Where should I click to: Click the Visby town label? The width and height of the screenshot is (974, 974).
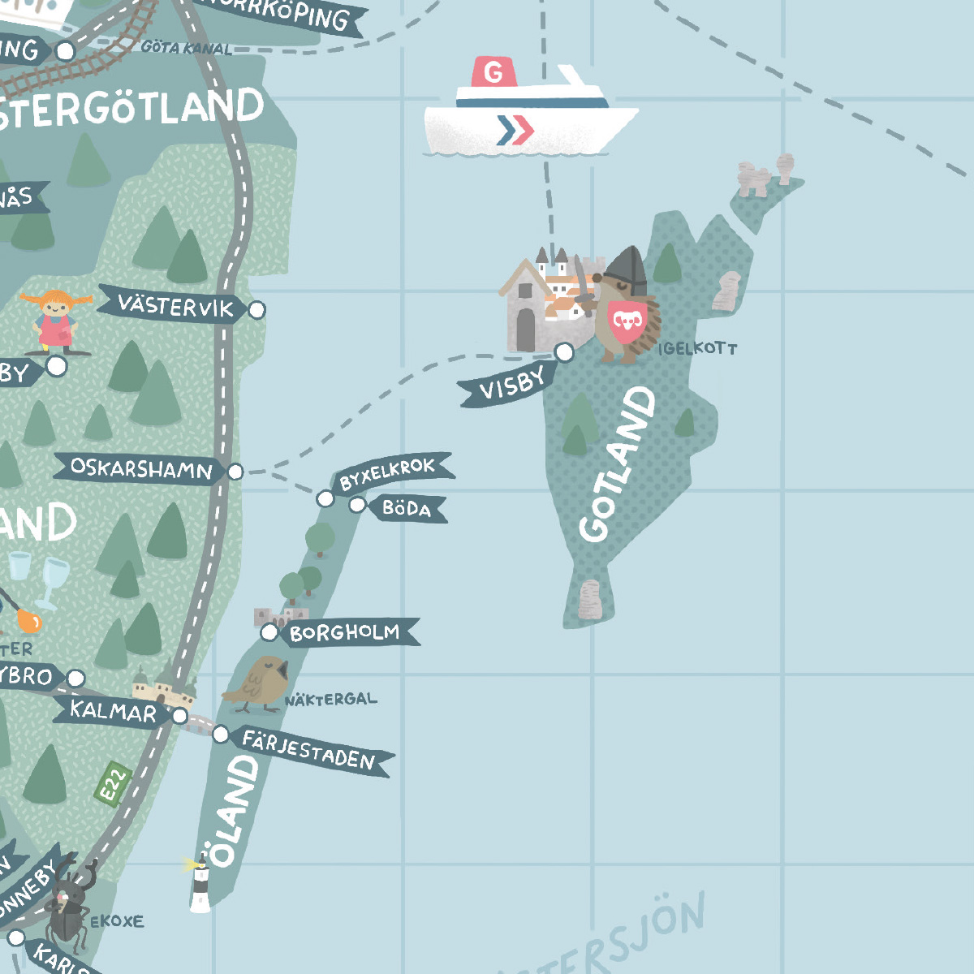(x=509, y=385)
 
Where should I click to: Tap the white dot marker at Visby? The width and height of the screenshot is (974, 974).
(x=564, y=351)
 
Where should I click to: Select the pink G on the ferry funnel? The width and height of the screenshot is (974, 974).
(x=493, y=73)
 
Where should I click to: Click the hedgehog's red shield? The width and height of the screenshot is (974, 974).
(x=628, y=320)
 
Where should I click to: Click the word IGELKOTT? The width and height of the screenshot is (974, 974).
(x=698, y=348)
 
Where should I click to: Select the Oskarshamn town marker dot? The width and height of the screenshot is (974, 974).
(x=235, y=471)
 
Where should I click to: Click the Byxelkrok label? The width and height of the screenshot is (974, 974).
(x=389, y=472)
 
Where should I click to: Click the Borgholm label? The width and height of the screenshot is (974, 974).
(x=346, y=632)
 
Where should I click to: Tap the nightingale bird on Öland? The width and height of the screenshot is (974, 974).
(x=257, y=684)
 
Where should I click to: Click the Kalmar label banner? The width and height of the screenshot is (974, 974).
(x=114, y=712)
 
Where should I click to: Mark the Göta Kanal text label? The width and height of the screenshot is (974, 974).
(x=186, y=48)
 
